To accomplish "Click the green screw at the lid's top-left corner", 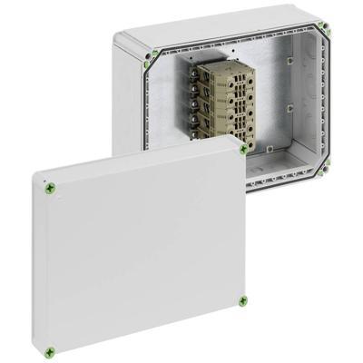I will click(50, 188).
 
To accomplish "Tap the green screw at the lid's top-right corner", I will click(243, 149).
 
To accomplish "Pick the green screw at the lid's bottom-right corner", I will click(243, 300).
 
